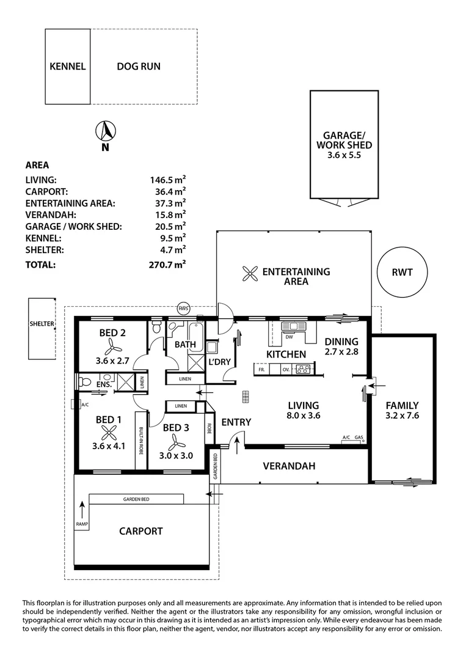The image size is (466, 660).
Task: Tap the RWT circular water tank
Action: tap(402, 272)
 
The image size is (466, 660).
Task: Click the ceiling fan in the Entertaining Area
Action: tap(250, 274)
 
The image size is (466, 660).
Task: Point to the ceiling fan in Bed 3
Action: tap(175, 442)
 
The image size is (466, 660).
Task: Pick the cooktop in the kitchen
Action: tap(304, 369)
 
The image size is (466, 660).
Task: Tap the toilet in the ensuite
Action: tap(84, 382)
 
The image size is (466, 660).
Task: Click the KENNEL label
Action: tap(68, 67)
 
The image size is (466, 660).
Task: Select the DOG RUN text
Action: tap(139, 67)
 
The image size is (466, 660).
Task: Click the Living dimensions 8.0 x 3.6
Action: tap(304, 416)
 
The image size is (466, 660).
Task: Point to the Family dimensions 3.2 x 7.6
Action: tap(402, 416)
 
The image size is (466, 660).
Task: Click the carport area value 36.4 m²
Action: tap(170, 191)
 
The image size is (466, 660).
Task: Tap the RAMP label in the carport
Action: tap(82, 524)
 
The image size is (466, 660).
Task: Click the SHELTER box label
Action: tap(42, 324)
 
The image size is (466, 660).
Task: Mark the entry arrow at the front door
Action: tap(237, 446)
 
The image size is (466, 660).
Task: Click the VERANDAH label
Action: tap(289, 466)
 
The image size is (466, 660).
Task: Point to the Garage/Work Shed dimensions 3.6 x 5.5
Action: tap(344, 155)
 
